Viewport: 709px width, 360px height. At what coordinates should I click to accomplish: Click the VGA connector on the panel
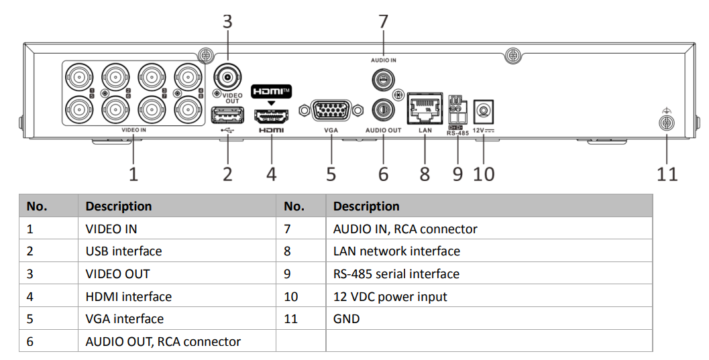pos(331,111)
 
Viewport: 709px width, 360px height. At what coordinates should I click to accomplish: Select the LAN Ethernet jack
pos(425,108)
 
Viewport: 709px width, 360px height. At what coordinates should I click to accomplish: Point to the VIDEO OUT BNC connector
pos(228,78)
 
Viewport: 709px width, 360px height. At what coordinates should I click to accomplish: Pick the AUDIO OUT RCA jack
pos(383,109)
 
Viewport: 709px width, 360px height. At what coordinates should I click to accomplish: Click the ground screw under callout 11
pos(666,123)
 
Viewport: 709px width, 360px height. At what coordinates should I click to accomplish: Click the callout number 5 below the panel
pos(331,174)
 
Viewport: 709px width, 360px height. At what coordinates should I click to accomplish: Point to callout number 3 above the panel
pos(227,21)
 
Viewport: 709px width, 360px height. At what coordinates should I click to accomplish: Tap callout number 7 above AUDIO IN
pos(383,21)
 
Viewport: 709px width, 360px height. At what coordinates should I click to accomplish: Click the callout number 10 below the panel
pos(484,174)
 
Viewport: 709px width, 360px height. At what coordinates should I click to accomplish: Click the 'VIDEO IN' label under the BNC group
pos(134,131)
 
